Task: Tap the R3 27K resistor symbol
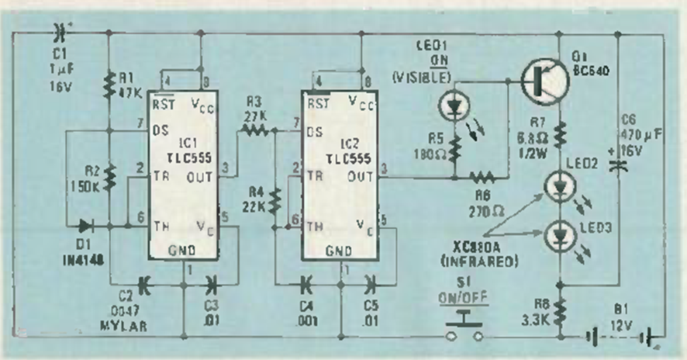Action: click(254, 133)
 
